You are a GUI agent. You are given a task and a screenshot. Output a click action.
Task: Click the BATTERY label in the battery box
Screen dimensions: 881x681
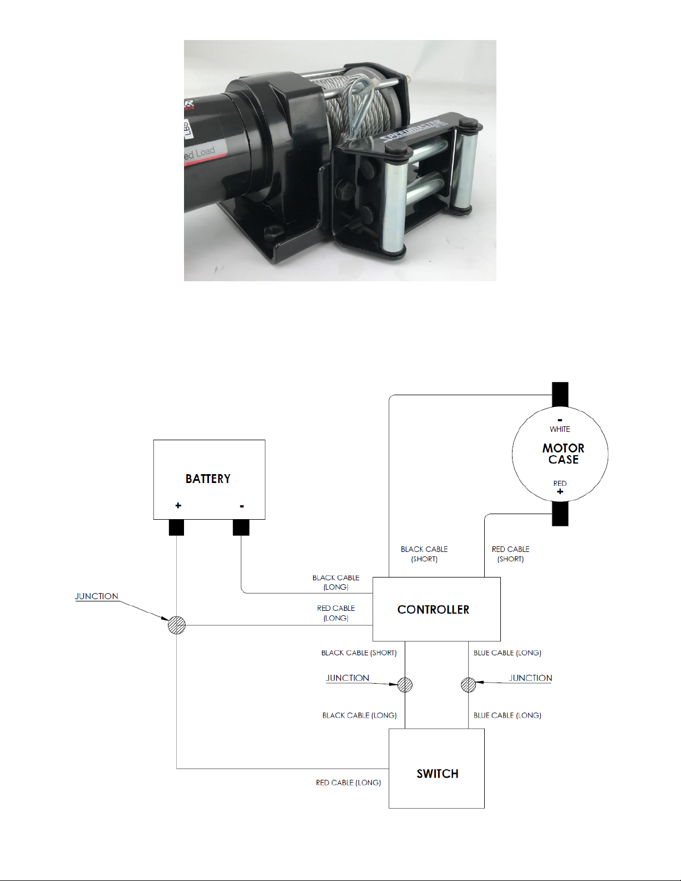pos(208,479)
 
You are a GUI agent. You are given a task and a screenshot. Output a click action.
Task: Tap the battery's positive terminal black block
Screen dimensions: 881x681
pos(176,527)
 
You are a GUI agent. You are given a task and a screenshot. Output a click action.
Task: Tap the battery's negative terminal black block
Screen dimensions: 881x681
pos(241,527)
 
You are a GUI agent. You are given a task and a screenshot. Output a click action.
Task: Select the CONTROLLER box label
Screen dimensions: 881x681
pos(433,610)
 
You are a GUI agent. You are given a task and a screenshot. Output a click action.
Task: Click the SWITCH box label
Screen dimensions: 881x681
pos(438,774)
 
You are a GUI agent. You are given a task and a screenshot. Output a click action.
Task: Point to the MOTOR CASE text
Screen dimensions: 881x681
pos(563,454)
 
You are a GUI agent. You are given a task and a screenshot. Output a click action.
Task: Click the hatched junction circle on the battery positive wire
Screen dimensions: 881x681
pos(177,625)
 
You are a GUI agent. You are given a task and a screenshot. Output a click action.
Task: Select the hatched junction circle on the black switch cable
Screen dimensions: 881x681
pos(405,685)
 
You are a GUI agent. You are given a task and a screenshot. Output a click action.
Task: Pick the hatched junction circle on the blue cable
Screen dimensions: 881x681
pos(469,685)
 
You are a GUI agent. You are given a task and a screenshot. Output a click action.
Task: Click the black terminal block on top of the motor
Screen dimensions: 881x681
pos(560,395)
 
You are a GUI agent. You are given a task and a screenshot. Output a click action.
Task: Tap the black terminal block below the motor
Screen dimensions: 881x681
pos(560,514)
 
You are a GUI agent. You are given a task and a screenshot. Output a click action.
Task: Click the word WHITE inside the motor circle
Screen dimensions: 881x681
pos(560,429)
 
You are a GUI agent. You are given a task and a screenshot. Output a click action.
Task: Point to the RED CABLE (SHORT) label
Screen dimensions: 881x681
pos(510,554)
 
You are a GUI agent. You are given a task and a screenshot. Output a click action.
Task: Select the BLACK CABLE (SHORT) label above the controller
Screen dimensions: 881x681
pos(424,554)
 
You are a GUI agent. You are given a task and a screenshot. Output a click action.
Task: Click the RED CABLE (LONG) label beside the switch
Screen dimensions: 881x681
pos(349,783)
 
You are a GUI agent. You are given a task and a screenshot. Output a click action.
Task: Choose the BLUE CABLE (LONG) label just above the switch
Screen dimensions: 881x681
pos(507,715)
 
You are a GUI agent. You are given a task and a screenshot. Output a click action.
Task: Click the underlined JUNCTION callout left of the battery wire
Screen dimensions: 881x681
pos(97,596)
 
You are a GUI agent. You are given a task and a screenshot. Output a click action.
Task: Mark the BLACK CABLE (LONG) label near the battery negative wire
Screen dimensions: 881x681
pos(336,582)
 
